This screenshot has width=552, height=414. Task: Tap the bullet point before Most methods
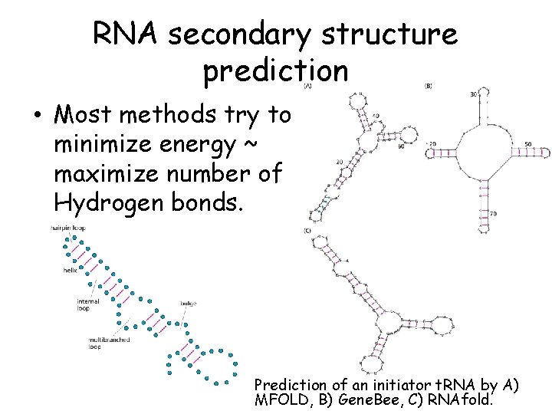click(37, 117)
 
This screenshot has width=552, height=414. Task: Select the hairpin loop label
click(67, 228)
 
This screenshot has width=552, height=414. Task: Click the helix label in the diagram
click(71, 271)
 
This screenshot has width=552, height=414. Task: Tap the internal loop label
click(88, 305)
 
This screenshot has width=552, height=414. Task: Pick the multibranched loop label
click(108, 343)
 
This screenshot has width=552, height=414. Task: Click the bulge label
click(189, 304)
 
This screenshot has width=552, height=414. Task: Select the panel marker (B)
click(429, 87)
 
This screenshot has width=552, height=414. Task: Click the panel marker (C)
click(307, 230)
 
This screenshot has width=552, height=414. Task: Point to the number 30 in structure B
click(473, 94)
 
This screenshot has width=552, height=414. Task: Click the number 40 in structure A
click(375, 117)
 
